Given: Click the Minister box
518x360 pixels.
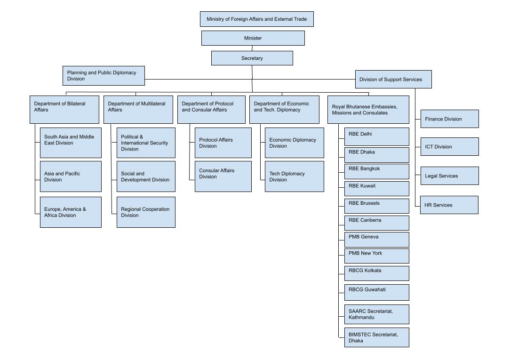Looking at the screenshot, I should click(x=253, y=38).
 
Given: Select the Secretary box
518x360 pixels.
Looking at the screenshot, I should click(x=252, y=58).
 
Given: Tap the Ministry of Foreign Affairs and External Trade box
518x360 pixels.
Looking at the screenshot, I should click(x=256, y=19).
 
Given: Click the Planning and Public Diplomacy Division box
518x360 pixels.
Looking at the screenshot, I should click(x=104, y=76).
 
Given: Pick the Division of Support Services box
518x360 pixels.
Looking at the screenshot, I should click(x=393, y=80).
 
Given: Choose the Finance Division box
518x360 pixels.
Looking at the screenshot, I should click(x=449, y=119).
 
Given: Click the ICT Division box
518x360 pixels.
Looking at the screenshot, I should click(x=449, y=147).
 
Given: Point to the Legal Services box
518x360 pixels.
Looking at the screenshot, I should click(x=449, y=176).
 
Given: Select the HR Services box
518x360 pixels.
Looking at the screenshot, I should click(x=449, y=205).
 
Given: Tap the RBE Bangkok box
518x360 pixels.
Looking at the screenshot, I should click(x=376, y=171).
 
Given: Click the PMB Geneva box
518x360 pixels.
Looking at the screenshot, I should click(x=376, y=240).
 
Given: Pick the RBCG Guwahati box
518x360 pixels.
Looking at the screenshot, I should click(x=376, y=292).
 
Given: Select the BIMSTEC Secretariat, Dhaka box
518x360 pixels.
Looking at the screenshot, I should click(x=376, y=337).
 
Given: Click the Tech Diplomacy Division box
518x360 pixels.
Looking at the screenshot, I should click(x=294, y=176).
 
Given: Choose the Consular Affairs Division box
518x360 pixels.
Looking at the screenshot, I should click(x=223, y=176).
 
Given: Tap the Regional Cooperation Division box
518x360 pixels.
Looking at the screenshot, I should click(x=146, y=212).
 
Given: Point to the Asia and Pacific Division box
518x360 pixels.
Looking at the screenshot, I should click(x=71, y=176).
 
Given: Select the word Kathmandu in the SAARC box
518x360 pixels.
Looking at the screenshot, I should click(x=362, y=318).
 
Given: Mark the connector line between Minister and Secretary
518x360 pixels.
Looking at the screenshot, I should click(x=252, y=48).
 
